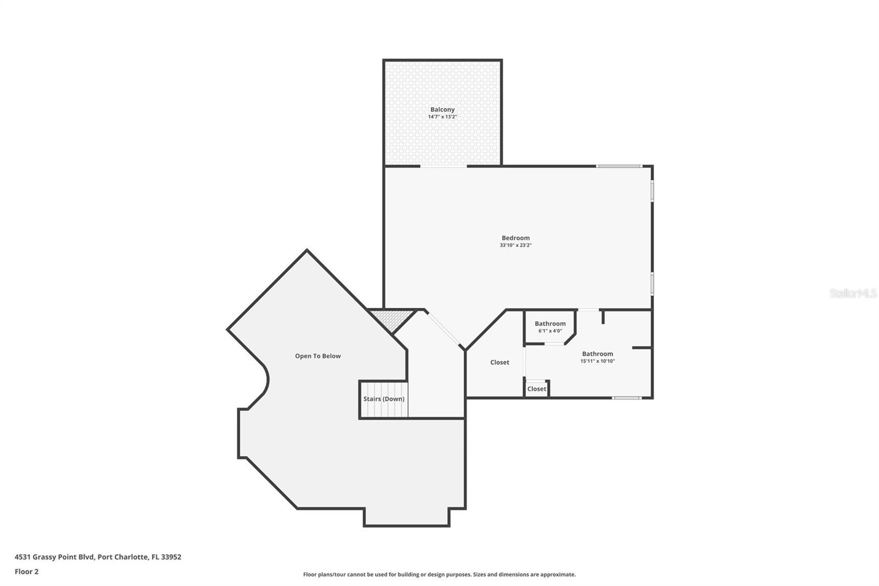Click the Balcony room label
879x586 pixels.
[442, 109]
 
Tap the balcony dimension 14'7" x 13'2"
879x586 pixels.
[442, 117]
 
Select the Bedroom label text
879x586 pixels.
[515, 238]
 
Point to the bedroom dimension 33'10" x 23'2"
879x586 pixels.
[515, 245]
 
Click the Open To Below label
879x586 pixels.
[318, 356]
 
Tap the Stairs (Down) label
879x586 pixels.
[383, 399]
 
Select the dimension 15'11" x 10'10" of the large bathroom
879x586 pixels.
[597, 361]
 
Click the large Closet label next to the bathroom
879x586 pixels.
[499, 362]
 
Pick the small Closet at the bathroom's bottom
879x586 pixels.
[537, 389]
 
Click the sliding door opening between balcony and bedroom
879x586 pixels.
[443, 166]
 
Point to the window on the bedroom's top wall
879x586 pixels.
[619, 166]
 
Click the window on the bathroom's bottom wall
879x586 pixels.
[627, 397]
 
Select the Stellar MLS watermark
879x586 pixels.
[853, 294]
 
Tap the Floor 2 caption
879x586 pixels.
[26, 572]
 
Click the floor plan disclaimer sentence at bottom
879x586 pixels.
[439, 574]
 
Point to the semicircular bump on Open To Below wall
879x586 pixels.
[262, 380]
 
